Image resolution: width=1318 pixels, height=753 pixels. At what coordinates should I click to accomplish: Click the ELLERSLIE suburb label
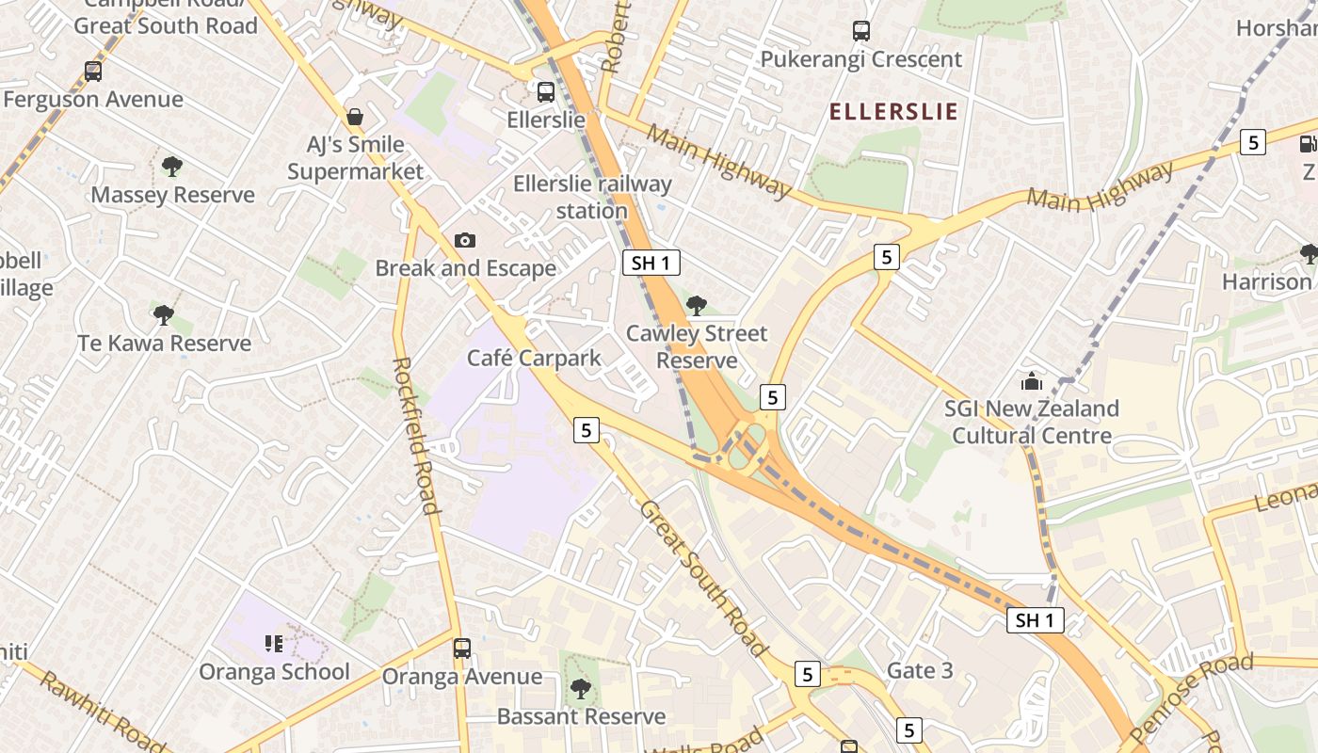(x=892, y=112)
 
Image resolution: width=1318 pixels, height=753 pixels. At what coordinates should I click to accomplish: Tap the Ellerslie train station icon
(x=546, y=92)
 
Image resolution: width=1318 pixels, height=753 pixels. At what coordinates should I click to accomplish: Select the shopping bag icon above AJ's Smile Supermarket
(x=355, y=117)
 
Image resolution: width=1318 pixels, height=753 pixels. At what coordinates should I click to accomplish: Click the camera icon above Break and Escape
(x=464, y=241)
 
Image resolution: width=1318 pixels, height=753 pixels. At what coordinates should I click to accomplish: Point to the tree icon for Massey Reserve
(x=171, y=167)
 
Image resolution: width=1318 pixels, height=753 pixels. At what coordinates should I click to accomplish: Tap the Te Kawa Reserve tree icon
(x=164, y=314)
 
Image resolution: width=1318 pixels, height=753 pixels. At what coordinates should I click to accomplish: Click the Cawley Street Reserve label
(x=697, y=346)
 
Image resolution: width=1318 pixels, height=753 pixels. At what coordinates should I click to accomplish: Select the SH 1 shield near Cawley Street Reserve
(x=651, y=264)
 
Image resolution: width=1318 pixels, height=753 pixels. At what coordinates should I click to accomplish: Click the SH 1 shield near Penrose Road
(x=1036, y=620)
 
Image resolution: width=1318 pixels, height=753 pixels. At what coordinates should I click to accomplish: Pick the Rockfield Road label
(x=415, y=435)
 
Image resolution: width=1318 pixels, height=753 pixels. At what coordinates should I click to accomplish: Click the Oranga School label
(x=274, y=671)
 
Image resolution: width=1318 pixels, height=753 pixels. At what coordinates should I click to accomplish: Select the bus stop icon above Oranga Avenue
(x=461, y=649)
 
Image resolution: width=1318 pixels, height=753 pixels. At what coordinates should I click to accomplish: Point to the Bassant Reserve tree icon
(x=581, y=689)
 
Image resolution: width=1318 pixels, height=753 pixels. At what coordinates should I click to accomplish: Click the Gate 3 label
(x=920, y=670)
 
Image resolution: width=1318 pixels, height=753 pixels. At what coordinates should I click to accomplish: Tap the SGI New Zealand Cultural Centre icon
(x=1032, y=382)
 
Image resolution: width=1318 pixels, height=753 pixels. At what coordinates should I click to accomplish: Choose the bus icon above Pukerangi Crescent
(x=860, y=31)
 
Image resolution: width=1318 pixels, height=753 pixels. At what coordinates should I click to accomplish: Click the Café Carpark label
(x=534, y=358)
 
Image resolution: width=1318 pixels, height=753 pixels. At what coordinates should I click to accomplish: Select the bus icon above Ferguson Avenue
(x=92, y=71)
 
